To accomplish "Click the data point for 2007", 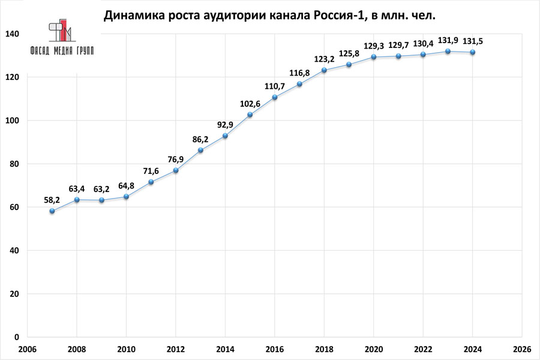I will (52, 211).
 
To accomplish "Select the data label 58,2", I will (52, 199).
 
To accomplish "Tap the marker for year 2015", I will (250, 115).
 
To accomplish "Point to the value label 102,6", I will (250, 103).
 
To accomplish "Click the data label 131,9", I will (447, 41).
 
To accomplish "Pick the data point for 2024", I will (472, 52).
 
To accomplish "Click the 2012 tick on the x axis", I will (175, 349).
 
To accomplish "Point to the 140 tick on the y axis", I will (11, 34).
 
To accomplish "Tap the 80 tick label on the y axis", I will (14, 164).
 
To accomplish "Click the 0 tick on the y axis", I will (16, 337).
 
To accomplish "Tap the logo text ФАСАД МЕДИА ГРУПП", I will (62, 51).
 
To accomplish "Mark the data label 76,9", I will (175, 159).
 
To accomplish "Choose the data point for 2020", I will (373, 57).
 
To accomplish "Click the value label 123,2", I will (324, 59).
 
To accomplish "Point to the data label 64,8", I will (126, 185).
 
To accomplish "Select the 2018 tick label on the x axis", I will (324, 349).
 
